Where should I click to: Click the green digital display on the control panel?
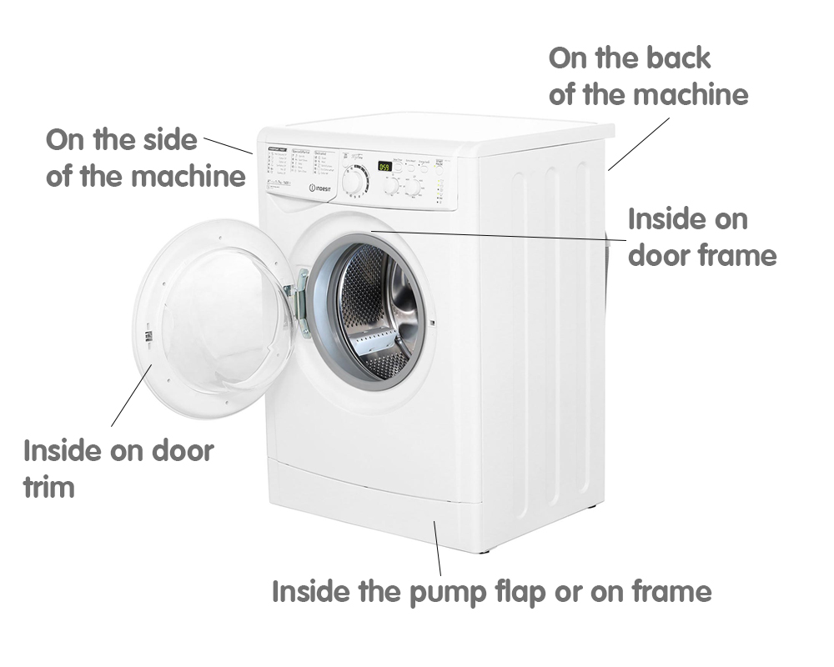point(384,166)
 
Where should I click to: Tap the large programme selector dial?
point(355,180)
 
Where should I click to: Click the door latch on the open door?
point(148,336)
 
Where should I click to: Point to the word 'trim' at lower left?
point(49,486)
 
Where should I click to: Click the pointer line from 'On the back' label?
point(639,143)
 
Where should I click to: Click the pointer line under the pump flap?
point(438,546)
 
